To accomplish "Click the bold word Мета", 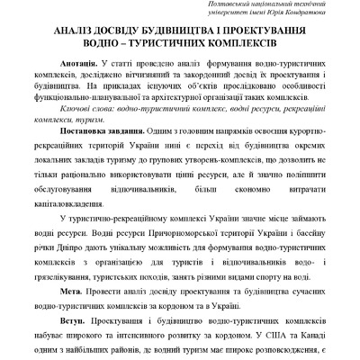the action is click(72, 293).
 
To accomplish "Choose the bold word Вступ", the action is click(74, 320).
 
